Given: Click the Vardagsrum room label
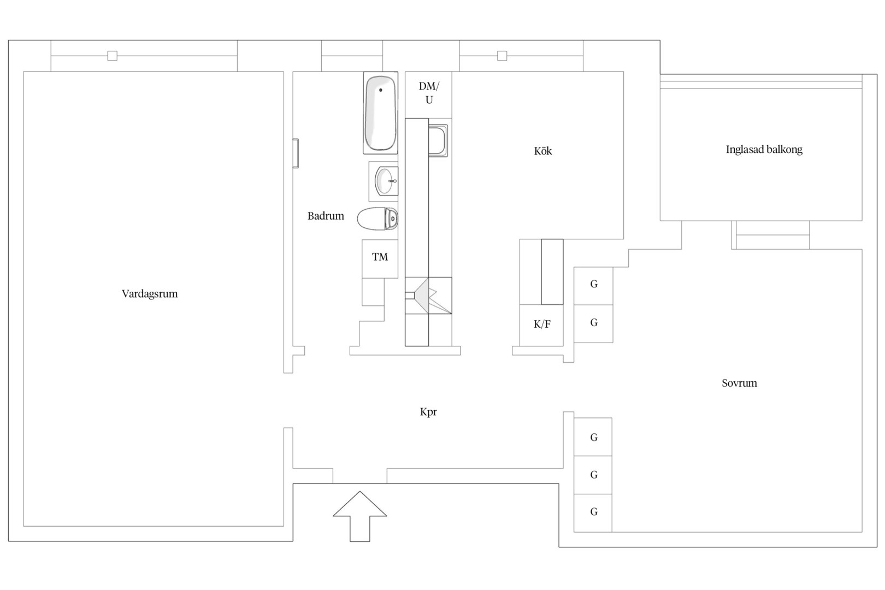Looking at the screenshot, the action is coord(150,293).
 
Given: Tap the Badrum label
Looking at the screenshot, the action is coord(326,216).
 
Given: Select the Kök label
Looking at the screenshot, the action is coord(543,151).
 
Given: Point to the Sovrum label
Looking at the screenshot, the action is coord(739,383).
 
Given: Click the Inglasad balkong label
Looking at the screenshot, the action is coord(764,149).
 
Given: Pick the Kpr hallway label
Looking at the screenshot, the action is coord(428,412).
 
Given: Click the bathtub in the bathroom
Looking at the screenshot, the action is coord(380,113).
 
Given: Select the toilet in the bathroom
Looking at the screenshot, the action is coord(377,219).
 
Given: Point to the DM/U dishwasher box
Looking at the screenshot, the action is coord(429,95).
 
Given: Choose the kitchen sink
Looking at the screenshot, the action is coord(438,141).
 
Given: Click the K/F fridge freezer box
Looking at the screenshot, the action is coord(541,325).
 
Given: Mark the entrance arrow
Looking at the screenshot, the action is coord(360,516).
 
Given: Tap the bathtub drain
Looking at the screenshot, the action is coord(381,90).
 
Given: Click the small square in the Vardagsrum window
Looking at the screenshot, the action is coord(113,56).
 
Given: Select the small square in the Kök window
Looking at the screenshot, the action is coord(502,56).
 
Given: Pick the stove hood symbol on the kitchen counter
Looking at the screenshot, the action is coord(429,295).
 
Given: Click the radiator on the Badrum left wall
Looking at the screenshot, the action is coord(296,154).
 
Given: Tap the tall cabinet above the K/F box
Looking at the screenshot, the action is coord(552,272).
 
